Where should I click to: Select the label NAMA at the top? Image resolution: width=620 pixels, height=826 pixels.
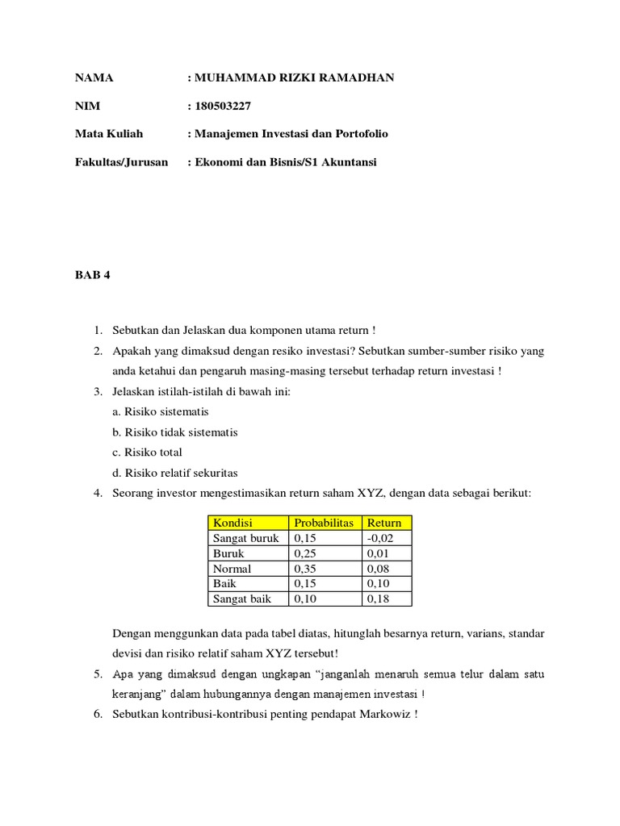click(x=94, y=77)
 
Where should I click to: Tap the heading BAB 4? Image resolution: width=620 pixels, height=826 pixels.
click(x=92, y=274)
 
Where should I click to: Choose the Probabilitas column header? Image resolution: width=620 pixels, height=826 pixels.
click(x=324, y=523)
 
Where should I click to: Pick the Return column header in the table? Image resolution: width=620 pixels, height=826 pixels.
click(x=384, y=523)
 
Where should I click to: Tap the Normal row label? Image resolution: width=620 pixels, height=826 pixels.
click(x=232, y=569)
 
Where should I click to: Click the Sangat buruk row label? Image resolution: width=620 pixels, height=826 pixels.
click(x=245, y=538)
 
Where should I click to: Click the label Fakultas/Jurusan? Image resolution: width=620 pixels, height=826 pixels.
click(x=121, y=162)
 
